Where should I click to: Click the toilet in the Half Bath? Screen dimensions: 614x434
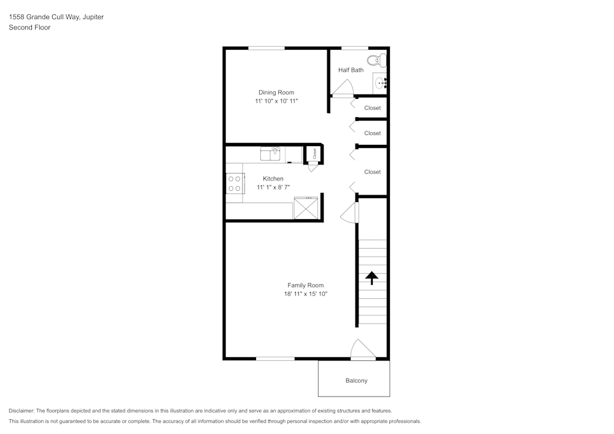tap(377, 61)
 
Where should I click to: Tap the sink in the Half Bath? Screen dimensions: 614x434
tap(379, 83)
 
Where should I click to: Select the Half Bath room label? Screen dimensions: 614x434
tap(351, 70)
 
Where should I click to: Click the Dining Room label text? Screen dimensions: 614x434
tap(276, 92)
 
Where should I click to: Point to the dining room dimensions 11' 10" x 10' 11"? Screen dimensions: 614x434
tap(276, 101)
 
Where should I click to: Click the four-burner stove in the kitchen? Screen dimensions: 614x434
tap(235, 184)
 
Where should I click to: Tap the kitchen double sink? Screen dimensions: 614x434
tap(271, 153)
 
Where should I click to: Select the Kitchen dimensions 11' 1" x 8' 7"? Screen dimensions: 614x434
tap(273, 187)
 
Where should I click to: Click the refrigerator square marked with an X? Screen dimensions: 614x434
tap(306, 208)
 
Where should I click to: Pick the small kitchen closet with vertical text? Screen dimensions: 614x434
tap(314, 154)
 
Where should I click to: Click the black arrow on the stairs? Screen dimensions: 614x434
tap(371, 278)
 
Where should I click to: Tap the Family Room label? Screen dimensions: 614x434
tap(305, 285)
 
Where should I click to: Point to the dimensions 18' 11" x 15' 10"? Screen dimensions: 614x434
tap(306, 294)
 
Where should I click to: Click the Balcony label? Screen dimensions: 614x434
tap(356, 381)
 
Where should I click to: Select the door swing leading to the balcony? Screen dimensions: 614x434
tap(363, 349)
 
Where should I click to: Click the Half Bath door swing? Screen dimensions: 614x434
tap(343, 88)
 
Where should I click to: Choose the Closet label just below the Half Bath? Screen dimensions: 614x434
tap(373, 108)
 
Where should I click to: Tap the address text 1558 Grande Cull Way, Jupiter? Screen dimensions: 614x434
tap(56, 17)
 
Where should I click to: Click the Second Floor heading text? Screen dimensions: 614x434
tap(29, 28)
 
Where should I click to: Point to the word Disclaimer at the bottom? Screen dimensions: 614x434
tap(21, 411)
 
